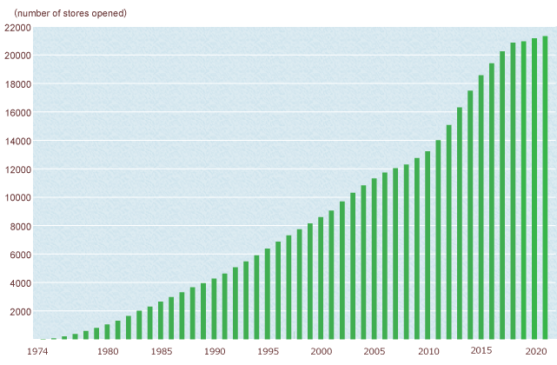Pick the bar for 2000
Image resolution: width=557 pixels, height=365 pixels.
[x=321, y=278]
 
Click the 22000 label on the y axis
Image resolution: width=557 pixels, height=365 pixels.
[x=17, y=28]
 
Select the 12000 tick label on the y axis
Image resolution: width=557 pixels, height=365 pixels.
[x=17, y=169]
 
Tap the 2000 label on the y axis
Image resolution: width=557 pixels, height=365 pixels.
[x=20, y=312]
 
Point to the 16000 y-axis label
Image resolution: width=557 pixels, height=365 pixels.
[x=17, y=113]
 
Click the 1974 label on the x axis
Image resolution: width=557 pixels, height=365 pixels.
[x=37, y=351]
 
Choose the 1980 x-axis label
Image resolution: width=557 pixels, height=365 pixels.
[x=108, y=351]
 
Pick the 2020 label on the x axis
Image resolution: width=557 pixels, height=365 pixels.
[x=534, y=351]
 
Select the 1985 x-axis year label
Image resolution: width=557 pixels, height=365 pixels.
[x=161, y=351]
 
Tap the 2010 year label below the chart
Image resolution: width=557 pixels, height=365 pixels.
[x=428, y=351]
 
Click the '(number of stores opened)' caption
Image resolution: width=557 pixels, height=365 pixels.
[x=70, y=13]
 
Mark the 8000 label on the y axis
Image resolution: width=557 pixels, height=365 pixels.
[x=20, y=227]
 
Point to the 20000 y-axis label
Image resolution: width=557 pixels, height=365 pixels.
[x=17, y=56]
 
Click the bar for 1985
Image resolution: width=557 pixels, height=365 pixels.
[x=161, y=321]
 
